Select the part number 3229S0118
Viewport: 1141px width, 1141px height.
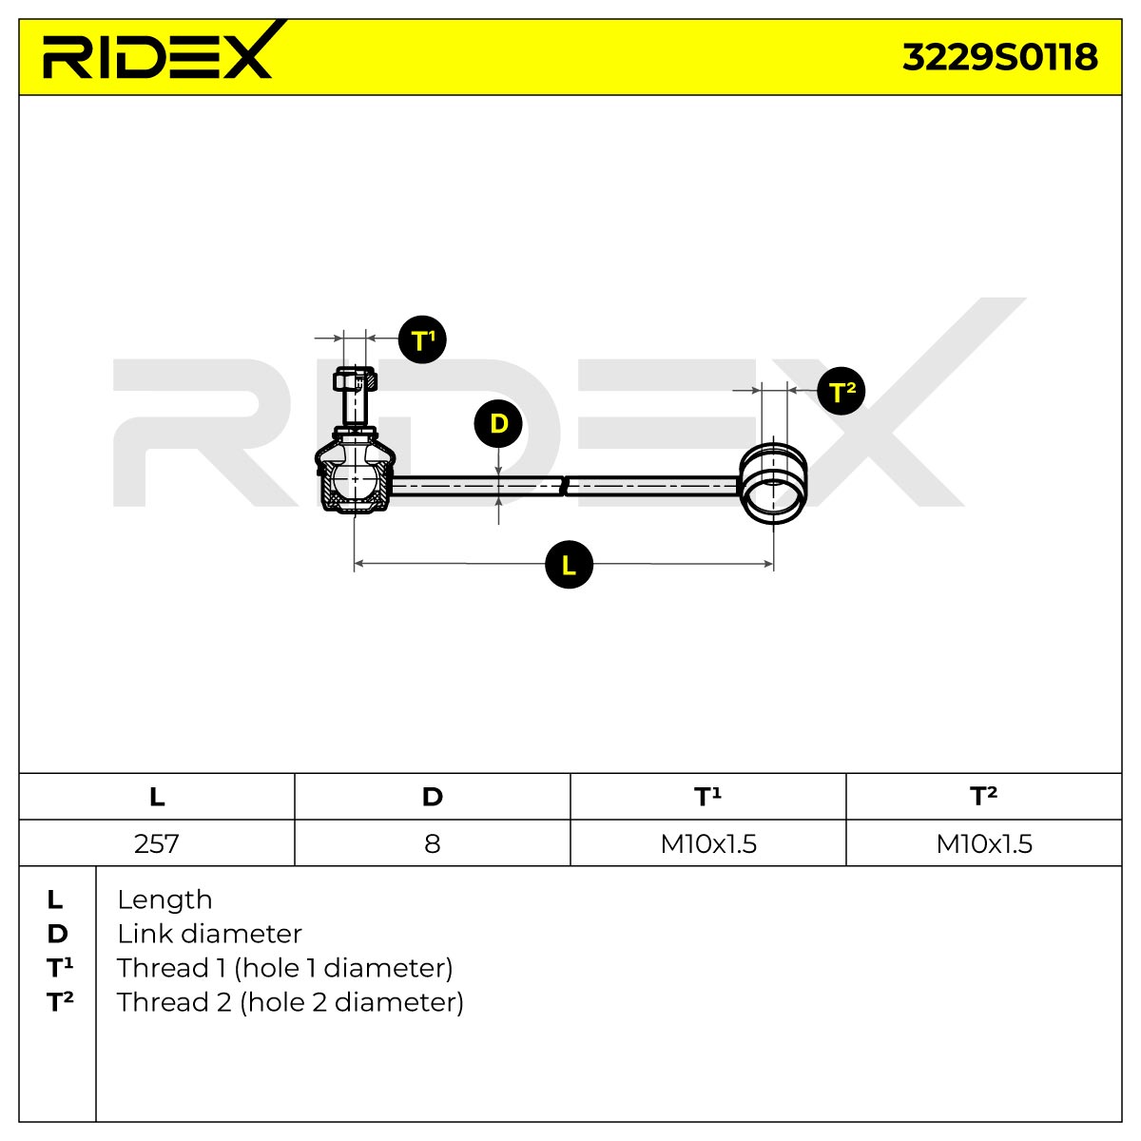pyautogui.click(x=999, y=57)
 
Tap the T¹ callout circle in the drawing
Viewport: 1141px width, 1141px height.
pyautogui.click(x=422, y=339)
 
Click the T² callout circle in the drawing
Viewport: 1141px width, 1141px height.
pyautogui.click(x=841, y=392)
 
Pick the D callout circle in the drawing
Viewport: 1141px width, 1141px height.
pyautogui.click(x=498, y=423)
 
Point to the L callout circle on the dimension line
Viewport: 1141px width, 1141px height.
pyautogui.click(x=569, y=564)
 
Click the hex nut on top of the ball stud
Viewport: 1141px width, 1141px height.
pyautogui.click(x=356, y=378)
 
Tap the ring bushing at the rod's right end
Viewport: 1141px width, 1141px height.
pyautogui.click(x=773, y=483)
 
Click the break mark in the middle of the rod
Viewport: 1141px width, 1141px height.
pyautogui.click(x=565, y=486)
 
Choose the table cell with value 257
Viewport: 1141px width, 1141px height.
pyautogui.click(x=156, y=843)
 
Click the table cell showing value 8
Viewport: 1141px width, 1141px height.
pyautogui.click(x=433, y=843)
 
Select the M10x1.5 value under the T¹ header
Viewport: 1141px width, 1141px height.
pyautogui.click(x=708, y=843)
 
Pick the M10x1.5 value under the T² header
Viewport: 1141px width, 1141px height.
pyautogui.click(x=984, y=843)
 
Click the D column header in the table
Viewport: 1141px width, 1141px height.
pyautogui.click(x=433, y=797)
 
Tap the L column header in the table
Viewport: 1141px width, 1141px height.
pyautogui.click(x=157, y=797)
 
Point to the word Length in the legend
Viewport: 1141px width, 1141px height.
pyautogui.click(x=164, y=900)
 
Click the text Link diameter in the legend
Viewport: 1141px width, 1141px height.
pyautogui.click(x=209, y=934)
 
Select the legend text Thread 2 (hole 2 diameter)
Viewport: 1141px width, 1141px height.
pyautogui.click(x=290, y=1002)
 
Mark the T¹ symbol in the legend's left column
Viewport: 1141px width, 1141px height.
pyautogui.click(x=60, y=968)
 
